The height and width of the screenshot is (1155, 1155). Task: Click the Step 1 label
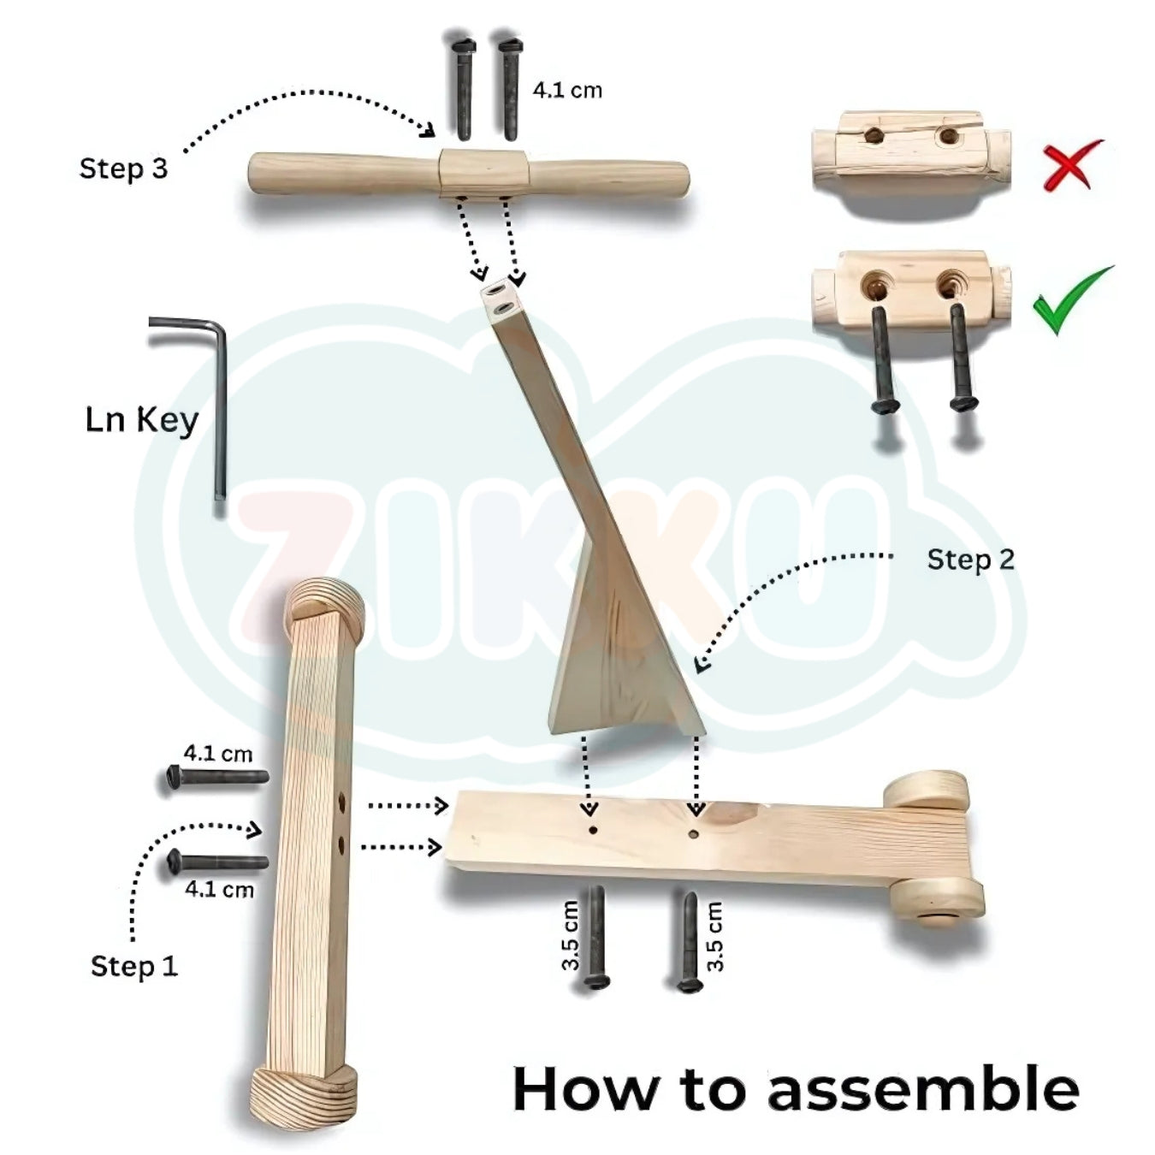[x=134, y=966]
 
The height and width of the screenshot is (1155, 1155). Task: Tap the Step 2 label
[x=970, y=560]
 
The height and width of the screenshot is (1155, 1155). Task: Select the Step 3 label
[x=123, y=169]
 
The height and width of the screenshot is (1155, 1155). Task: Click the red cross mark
[x=1071, y=165]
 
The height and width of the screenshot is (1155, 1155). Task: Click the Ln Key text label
[x=141, y=420]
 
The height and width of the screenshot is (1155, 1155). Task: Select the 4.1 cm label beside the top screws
[x=566, y=90]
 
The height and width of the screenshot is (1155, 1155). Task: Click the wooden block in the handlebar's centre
[x=483, y=174]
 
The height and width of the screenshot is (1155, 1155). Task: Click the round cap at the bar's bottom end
[x=304, y=1095]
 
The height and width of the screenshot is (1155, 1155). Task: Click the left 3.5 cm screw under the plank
[x=595, y=938]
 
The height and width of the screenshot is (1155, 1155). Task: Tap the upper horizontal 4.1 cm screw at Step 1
[x=217, y=778]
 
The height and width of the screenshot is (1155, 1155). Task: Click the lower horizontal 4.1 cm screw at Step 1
[x=217, y=862]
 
